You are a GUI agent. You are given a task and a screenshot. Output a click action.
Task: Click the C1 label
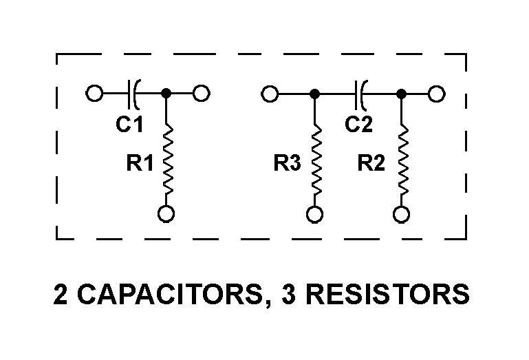pyautogui.click(x=129, y=125)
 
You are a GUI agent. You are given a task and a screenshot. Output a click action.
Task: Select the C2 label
pyautogui.click(x=359, y=125)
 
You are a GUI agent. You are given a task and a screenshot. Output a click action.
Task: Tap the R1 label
pyautogui.click(x=140, y=165)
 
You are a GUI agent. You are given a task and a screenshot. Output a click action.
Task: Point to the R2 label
pyautogui.click(x=372, y=165)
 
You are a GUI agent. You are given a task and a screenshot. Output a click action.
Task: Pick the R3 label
pyautogui.click(x=288, y=165)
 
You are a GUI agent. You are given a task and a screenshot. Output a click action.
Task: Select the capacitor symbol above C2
pyautogui.click(x=360, y=93)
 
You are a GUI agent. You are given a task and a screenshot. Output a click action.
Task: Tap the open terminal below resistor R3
pyautogui.click(x=314, y=215)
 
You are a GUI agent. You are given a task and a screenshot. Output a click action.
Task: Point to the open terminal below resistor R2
pyautogui.click(x=401, y=215)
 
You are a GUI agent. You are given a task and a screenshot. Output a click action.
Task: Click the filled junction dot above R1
pyautogui.click(x=166, y=93)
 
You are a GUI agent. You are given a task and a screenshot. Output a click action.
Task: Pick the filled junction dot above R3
pyautogui.click(x=314, y=93)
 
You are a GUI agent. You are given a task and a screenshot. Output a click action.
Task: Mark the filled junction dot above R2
pyautogui.click(x=401, y=93)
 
